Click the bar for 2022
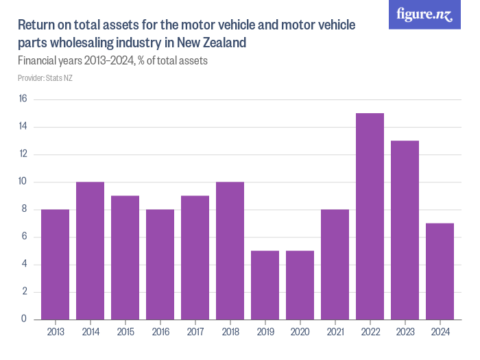370,216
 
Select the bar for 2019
265,285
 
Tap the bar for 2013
55,264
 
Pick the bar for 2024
440,271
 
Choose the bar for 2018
230,250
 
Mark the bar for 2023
405,230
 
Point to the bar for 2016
160,264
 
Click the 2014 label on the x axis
90,332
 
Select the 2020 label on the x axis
300,332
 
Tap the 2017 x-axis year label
195,332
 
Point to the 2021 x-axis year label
335,332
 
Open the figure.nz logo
424,14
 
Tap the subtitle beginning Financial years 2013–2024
112,60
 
